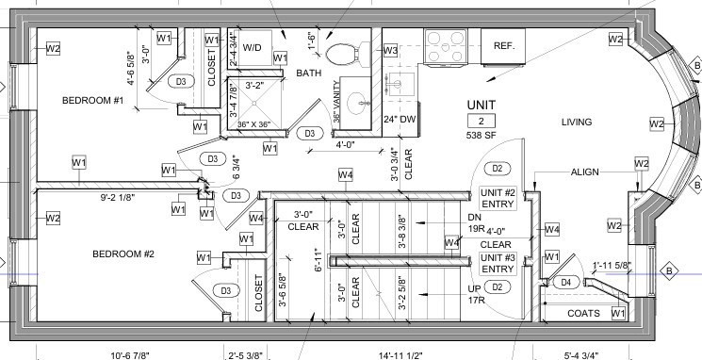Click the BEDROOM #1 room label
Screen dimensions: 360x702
point(93,101)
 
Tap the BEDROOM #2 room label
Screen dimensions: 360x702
point(123,254)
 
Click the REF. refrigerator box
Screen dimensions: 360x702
point(503,45)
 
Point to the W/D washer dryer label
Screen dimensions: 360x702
point(253,45)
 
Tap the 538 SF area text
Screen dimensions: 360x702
point(481,136)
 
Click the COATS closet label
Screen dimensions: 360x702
point(583,313)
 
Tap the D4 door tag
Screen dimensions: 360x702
point(565,282)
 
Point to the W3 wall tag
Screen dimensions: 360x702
point(389,50)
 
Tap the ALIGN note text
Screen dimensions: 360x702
point(588,172)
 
